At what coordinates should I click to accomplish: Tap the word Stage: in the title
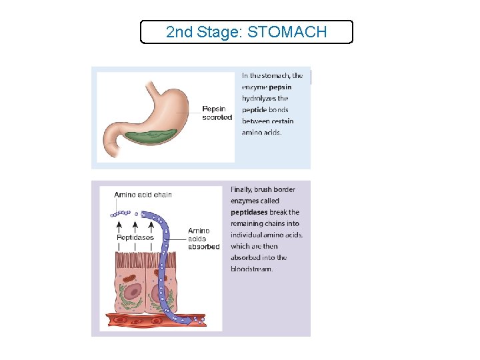(x=220, y=32)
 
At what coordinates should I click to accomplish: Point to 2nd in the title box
(x=178, y=32)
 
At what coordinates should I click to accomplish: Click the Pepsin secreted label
(x=217, y=113)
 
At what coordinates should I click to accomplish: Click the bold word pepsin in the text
(x=280, y=87)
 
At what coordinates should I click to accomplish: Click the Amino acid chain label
(x=143, y=195)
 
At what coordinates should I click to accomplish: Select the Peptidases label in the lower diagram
(x=135, y=237)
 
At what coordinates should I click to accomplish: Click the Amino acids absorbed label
(x=203, y=239)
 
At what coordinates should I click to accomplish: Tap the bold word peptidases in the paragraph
(x=249, y=212)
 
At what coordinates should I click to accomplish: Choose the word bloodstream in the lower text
(x=252, y=269)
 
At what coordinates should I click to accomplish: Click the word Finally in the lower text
(x=241, y=189)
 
